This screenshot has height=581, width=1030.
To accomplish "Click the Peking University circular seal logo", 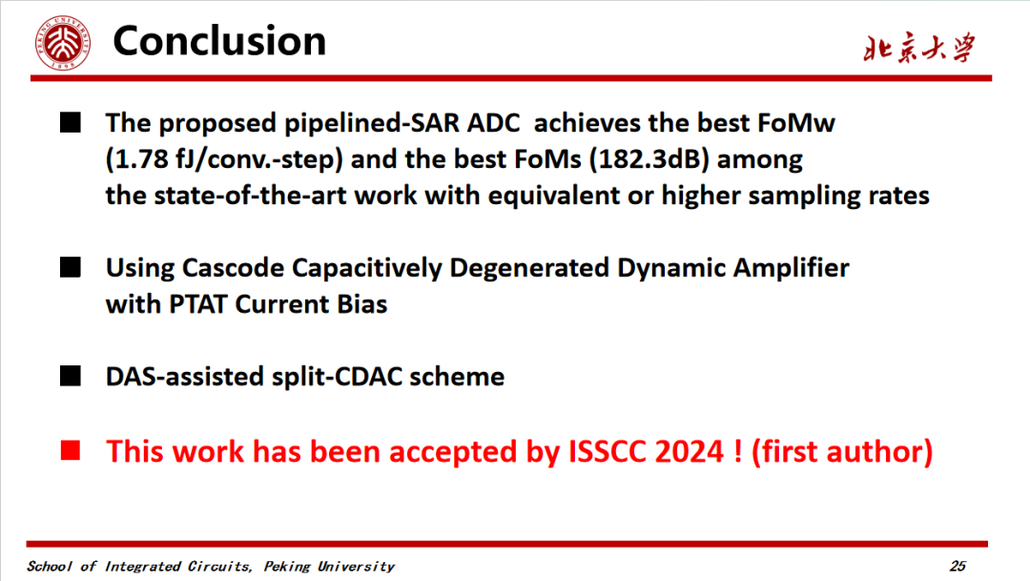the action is click(x=63, y=43).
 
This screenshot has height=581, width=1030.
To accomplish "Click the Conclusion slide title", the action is click(x=219, y=41).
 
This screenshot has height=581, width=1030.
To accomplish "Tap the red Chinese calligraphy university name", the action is click(x=919, y=48).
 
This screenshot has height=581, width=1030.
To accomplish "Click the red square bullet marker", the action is click(x=71, y=451).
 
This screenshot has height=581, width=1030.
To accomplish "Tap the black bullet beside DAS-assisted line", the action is click(x=71, y=376).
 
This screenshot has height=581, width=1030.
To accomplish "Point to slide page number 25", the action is click(x=958, y=566).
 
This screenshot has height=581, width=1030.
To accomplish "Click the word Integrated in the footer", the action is click(x=142, y=567).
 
